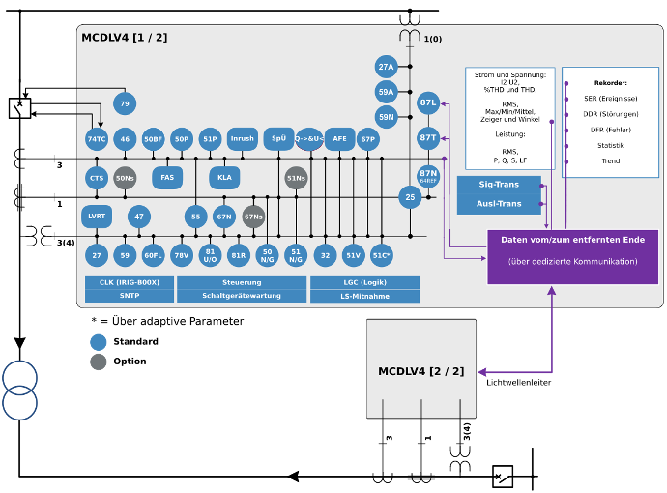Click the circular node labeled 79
click(x=124, y=103)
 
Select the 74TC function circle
click(x=96, y=139)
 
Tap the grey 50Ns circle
click(x=125, y=178)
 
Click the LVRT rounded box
click(x=97, y=216)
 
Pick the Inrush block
click(x=243, y=139)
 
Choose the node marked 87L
click(x=428, y=102)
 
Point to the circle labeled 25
click(x=410, y=197)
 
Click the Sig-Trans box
click(x=499, y=184)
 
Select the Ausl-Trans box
click(x=499, y=203)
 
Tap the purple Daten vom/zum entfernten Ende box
click(x=573, y=256)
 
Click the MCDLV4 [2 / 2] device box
click(x=420, y=369)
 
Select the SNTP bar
click(x=130, y=296)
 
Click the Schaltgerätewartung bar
click(x=242, y=296)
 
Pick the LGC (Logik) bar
click(x=364, y=282)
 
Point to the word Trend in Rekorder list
click(x=611, y=161)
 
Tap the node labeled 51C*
click(x=382, y=255)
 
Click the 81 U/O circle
click(x=210, y=255)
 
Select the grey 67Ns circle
click(x=253, y=217)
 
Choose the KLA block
click(x=224, y=178)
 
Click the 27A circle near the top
click(x=387, y=67)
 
